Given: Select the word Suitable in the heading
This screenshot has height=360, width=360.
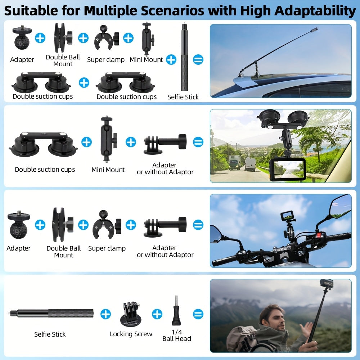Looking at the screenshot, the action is tap(31, 10).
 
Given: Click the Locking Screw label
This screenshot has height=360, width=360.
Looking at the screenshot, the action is tap(131, 334).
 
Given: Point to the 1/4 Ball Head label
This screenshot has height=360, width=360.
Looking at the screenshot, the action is tap(176, 335).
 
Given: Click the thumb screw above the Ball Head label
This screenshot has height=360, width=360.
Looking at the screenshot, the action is tap(176, 310).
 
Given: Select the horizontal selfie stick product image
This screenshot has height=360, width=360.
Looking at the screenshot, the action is tap(51, 313).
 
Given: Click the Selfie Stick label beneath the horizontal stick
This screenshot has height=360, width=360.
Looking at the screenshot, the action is tap(50, 334).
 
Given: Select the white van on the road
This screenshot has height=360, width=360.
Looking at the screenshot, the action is tap(250, 165).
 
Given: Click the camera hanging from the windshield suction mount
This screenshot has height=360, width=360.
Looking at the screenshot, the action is tap(287, 170).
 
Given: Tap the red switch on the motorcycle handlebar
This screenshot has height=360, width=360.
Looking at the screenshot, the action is tap(318, 235).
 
